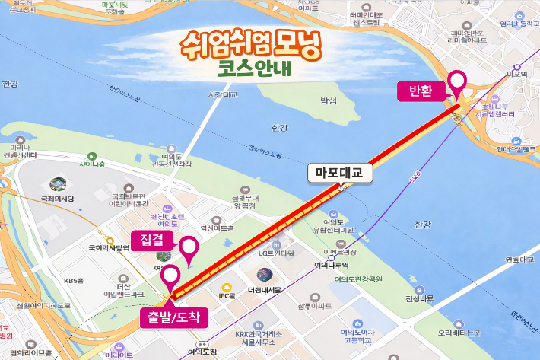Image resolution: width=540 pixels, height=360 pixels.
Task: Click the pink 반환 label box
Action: (x=421, y=92)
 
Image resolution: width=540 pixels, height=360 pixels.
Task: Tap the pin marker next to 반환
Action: (x=458, y=81)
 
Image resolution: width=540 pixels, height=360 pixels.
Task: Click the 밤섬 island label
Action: (x=328, y=100)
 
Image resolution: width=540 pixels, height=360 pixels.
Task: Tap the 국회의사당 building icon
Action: (x=57, y=184)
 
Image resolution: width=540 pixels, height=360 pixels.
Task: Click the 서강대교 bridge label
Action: (x=222, y=95)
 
